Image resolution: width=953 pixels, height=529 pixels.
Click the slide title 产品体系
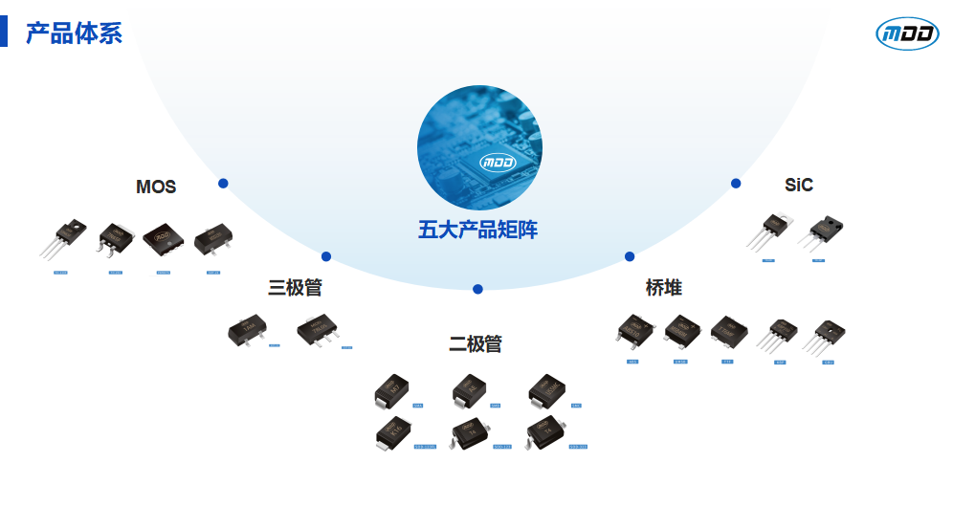[x=74, y=33]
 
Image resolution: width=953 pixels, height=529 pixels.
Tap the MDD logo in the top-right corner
[x=907, y=33]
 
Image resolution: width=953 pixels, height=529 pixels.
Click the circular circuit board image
[x=479, y=148]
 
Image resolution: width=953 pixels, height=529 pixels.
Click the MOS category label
[x=156, y=187]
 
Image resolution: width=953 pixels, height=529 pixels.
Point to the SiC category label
[x=799, y=185]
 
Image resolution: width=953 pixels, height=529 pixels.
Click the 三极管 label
[x=295, y=288]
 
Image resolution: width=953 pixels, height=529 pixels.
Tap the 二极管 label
[x=476, y=344]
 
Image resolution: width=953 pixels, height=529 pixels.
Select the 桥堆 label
[x=664, y=288]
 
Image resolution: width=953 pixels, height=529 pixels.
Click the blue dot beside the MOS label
[x=223, y=183]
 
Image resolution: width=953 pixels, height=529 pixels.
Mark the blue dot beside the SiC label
[x=736, y=183]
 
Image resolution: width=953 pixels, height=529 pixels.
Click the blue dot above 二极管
[x=477, y=289]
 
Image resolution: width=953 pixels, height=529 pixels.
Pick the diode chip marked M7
[x=392, y=389]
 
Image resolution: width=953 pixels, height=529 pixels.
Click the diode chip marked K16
[x=392, y=434]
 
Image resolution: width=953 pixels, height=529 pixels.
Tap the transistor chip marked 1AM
[x=247, y=330]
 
